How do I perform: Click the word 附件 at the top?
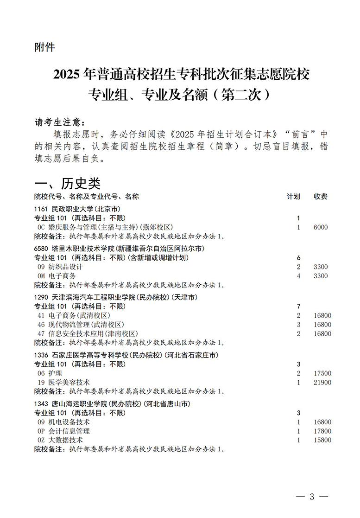(x=44, y=48)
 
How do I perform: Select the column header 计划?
(x=293, y=197)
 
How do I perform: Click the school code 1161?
(x=41, y=209)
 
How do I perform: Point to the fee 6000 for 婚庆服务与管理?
(x=320, y=227)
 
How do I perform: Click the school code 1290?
(x=41, y=297)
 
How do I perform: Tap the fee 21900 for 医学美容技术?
(x=322, y=383)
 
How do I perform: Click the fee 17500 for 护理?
(x=322, y=373)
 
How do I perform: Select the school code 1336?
(x=41, y=355)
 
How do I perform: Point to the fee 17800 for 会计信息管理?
(x=322, y=431)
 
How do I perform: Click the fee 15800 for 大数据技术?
(x=322, y=440)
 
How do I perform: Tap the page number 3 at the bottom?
(x=312, y=497)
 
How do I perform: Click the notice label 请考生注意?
(x=59, y=122)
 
